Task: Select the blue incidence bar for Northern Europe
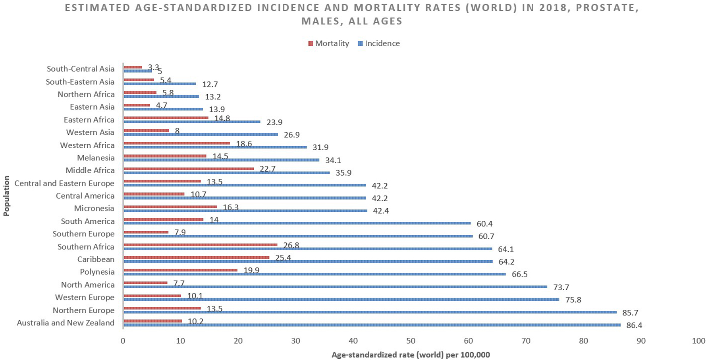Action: click(370, 312)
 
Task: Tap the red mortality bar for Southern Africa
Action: click(201, 245)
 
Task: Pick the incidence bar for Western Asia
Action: click(201, 134)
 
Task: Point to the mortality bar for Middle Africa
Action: click(189, 168)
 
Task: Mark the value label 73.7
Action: click(561, 287)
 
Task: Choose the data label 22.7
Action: click(267, 169)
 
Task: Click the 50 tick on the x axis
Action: click(411, 341)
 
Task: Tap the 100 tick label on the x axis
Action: click(698, 341)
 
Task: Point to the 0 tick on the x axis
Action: click(123, 341)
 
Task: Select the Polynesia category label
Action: click(97, 272)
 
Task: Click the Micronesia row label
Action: click(94, 209)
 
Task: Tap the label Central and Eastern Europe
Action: click(64, 184)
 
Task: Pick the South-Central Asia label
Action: click(81, 69)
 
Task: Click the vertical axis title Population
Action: click(6, 196)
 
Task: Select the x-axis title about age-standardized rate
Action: click(411, 355)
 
